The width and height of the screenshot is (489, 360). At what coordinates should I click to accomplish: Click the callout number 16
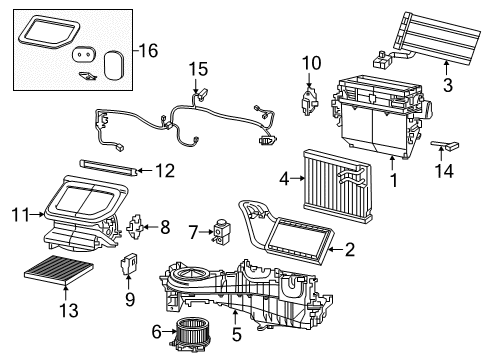click(x=148, y=50)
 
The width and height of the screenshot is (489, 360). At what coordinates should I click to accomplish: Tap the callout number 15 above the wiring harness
click(x=199, y=68)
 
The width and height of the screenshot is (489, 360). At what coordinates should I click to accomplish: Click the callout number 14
click(x=442, y=170)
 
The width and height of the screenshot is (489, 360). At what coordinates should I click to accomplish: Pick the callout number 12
click(x=163, y=171)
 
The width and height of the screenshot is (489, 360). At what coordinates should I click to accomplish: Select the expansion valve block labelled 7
click(x=214, y=233)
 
